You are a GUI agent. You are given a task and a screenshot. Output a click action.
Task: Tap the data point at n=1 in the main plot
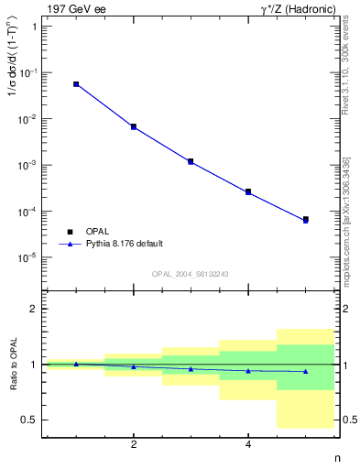click(76, 84)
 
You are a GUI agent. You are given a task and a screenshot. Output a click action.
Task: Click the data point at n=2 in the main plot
click(134, 126)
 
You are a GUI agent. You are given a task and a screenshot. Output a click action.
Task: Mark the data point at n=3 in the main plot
click(191, 161)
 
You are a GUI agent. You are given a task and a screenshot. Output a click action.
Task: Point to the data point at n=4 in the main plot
click(248, 191)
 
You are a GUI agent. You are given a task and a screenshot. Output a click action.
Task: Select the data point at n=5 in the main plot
click(306, 220)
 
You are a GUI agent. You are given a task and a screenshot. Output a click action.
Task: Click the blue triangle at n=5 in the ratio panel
click(306, 371)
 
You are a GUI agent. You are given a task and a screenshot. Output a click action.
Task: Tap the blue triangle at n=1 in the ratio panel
click(76, 364)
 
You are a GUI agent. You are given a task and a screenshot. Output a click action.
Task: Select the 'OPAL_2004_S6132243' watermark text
click(191, 274)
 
